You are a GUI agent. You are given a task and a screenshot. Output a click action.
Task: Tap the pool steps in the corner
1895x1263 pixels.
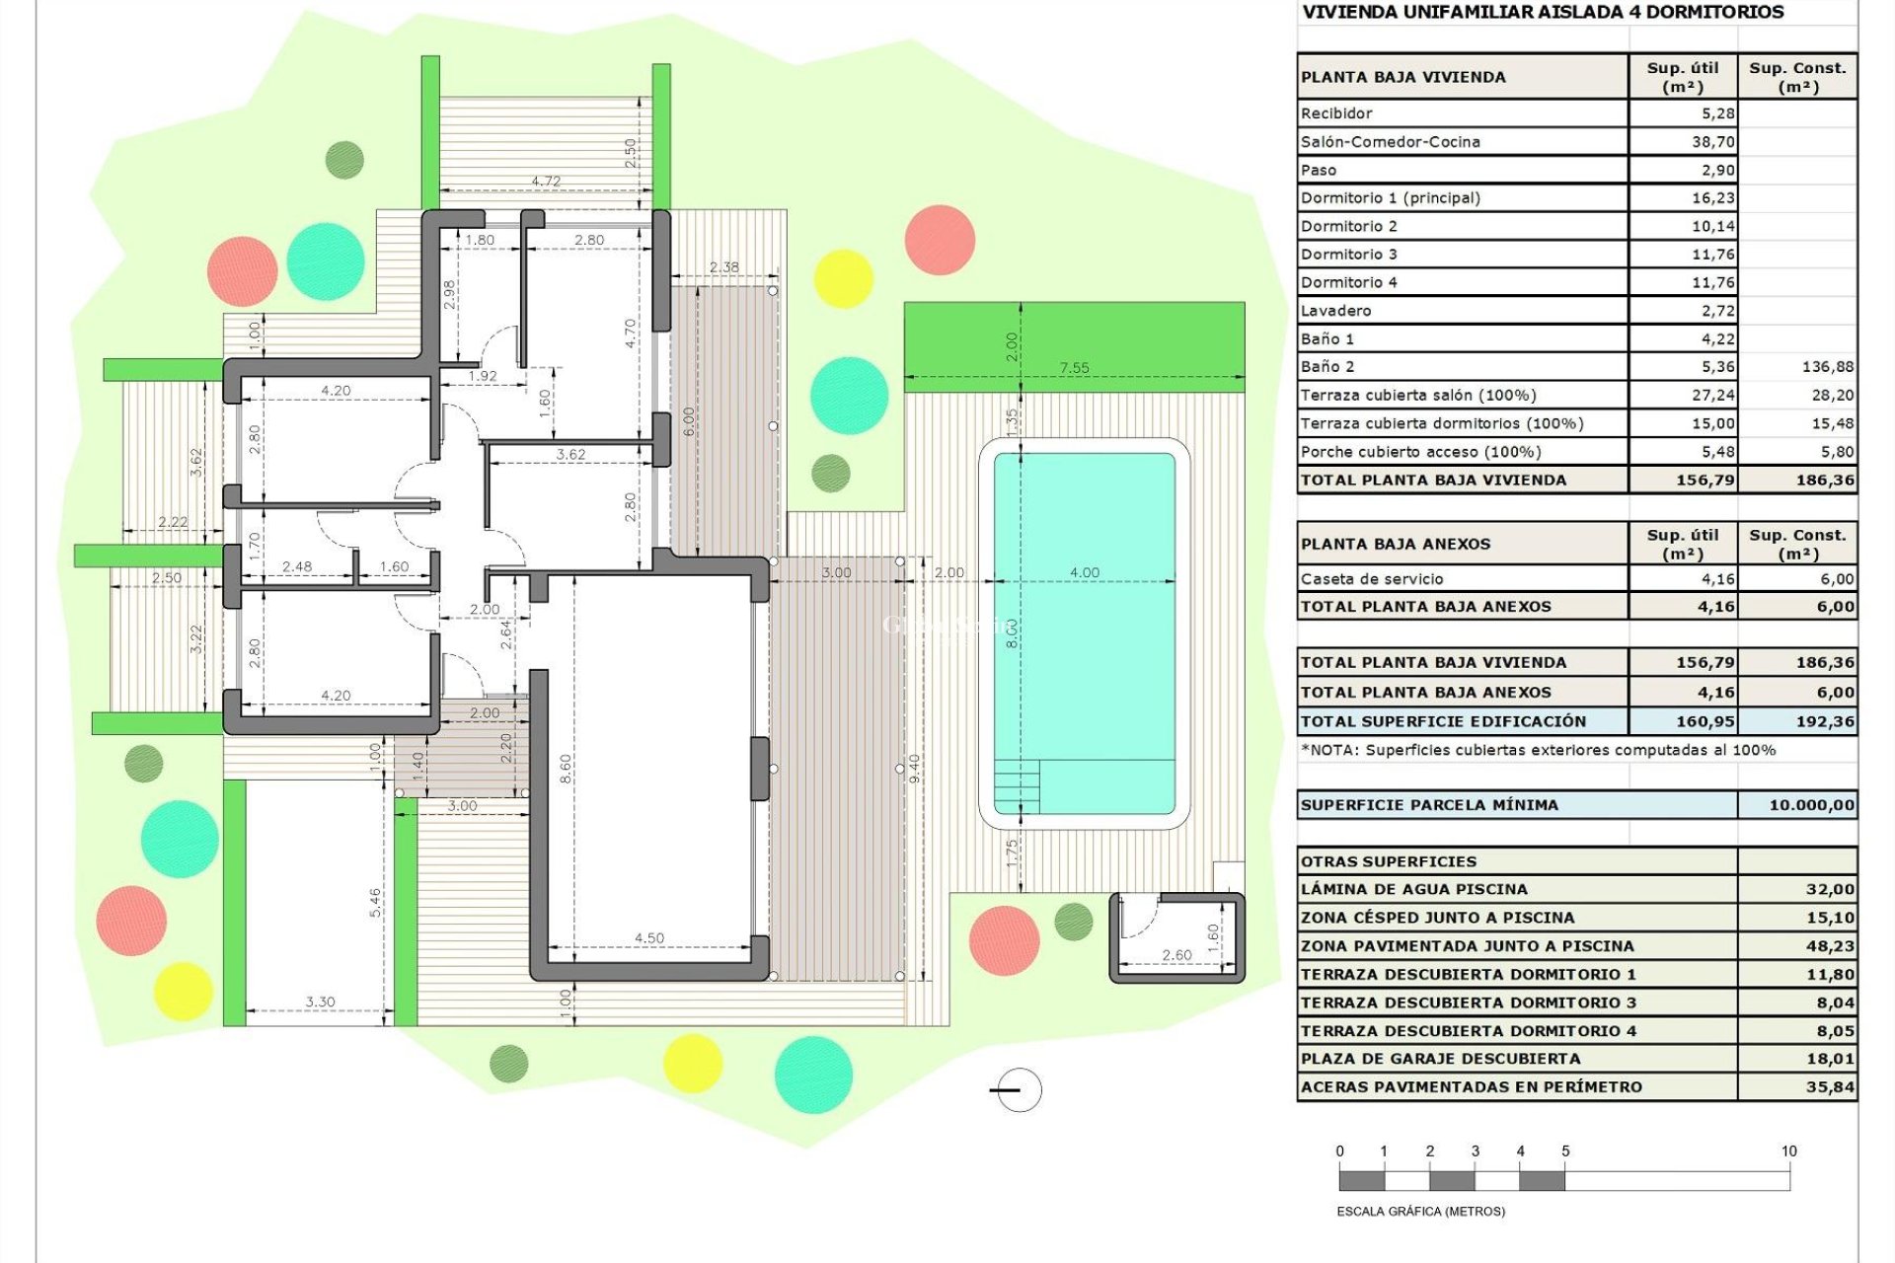[1017, 785]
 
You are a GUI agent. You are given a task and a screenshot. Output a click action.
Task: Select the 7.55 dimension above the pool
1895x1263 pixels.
[1074, 368]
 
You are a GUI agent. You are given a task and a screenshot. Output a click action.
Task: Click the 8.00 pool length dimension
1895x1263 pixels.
[1012, 632]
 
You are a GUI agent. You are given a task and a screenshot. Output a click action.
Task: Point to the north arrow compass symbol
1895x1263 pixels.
[1018, 1090]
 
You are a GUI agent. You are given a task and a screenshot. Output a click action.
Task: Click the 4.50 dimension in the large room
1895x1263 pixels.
[649, 938]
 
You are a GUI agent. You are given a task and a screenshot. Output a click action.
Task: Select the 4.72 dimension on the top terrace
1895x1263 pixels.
[546, 182]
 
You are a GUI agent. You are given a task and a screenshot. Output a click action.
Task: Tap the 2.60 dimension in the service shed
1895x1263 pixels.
[1176, 955]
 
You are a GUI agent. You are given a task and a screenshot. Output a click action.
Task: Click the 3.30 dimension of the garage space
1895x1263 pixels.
[320, 1002]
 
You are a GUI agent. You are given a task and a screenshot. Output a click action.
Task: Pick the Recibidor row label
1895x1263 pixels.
[1336, 113]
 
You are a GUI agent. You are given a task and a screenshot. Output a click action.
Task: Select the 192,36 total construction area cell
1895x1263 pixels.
[1824, 721]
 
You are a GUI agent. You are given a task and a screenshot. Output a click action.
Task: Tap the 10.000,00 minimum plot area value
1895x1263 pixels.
[1811, 805]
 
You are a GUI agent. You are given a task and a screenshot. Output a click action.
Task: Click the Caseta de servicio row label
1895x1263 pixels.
[1372, 579]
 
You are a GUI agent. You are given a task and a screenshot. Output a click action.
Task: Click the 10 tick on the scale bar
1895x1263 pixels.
[1788, 1152]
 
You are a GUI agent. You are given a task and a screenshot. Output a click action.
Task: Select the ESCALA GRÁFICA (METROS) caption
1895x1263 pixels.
[1420, 1211]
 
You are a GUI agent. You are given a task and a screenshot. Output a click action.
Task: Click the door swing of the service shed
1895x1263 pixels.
[1137, 916]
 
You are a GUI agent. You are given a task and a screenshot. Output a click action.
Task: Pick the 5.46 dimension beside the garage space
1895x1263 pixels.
[375, 903]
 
